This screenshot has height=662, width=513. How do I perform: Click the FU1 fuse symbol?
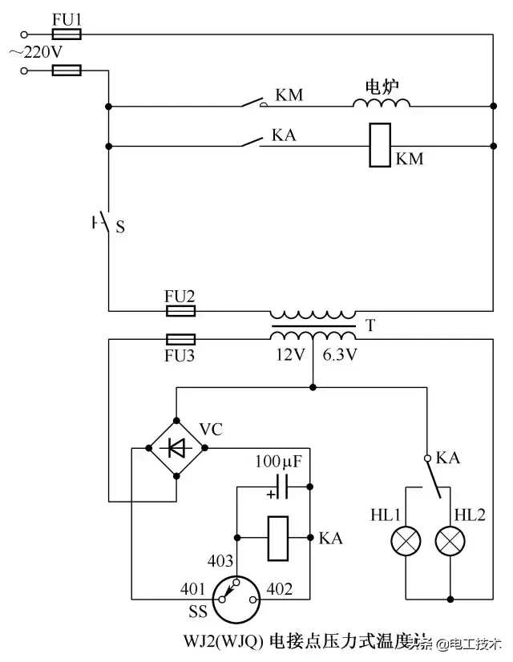click(x=66, y=34)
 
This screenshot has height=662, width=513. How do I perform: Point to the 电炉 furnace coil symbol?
click(x=382, y=103)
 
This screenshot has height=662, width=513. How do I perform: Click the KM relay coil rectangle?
click(x=380, y=146)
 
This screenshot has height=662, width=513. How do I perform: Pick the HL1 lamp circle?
click(x=406, y=543)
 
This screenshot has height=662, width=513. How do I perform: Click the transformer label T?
click(x=370, y=326)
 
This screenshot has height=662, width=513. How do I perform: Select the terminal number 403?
click(x=222, y=562)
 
